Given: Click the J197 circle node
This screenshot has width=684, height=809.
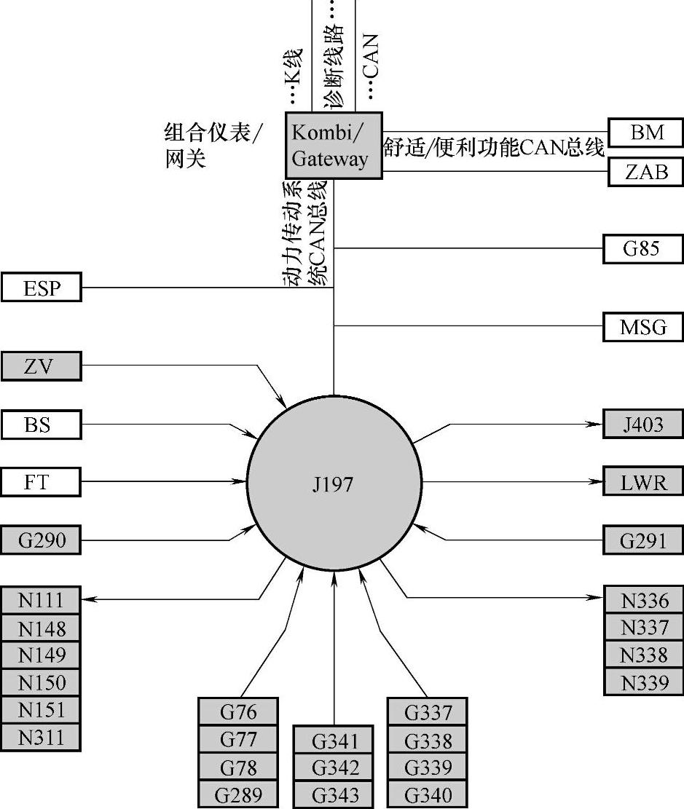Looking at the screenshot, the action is click(334, 482).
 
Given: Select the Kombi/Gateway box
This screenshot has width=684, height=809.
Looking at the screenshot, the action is click(333, 145).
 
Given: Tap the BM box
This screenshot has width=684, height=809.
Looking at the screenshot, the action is click(646, 133).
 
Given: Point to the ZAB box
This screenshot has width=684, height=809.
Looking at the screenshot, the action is click(646, 172).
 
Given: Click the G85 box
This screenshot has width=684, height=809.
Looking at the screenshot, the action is click(642, 248).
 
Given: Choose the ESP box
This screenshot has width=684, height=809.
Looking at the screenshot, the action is click(42, 287).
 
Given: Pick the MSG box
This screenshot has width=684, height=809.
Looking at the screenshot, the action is click(642, 327).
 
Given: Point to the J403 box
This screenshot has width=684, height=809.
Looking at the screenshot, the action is click(642, 424).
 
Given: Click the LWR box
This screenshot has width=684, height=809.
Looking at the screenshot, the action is click(642, 481).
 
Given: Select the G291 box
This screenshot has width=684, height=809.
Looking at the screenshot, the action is click(642, 540).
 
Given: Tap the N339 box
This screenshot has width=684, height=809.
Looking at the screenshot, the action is click(644, 682).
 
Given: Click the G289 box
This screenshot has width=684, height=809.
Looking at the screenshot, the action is click(238, 794).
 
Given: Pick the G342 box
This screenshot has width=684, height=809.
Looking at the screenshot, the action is click(334, 767).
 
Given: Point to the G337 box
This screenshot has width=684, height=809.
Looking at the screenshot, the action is click(427, 711).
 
